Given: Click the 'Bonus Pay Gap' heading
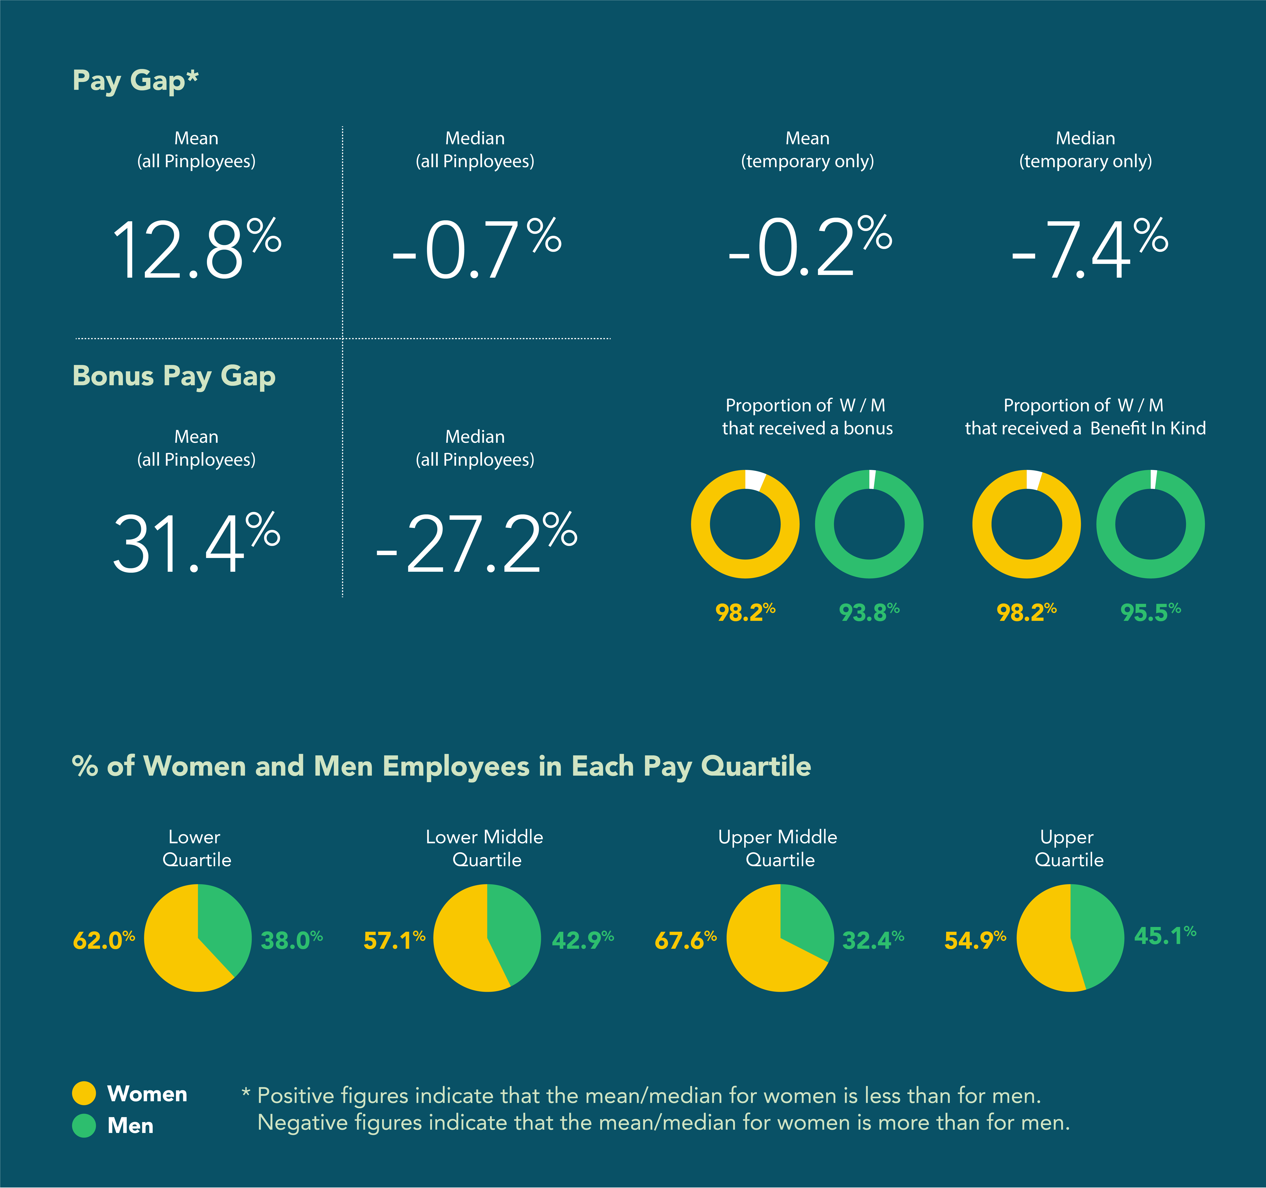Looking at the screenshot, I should [174, 376].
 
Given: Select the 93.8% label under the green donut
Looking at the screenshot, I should [869, 612].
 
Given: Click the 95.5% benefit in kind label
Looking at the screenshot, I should [1150, 612].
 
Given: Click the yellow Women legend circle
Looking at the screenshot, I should [84, 1093].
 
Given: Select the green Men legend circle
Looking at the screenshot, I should [84, 1126].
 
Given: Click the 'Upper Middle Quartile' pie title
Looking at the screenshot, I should [778, 848].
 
